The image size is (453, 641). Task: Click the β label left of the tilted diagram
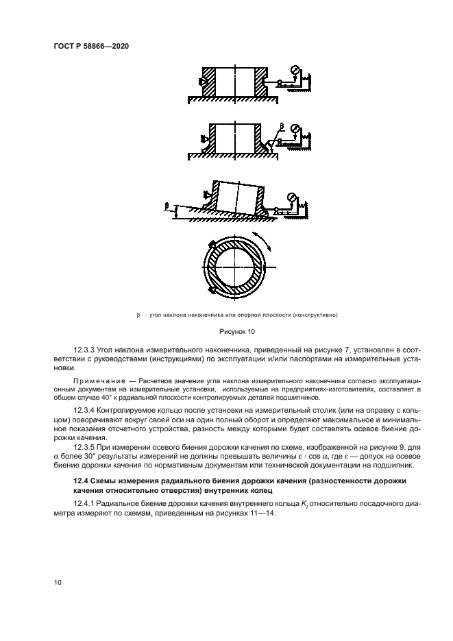pos(167,204)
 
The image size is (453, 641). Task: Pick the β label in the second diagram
pos(281,128)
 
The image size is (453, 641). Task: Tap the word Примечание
pos(97,380)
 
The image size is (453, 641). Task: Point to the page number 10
pos(59,582)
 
